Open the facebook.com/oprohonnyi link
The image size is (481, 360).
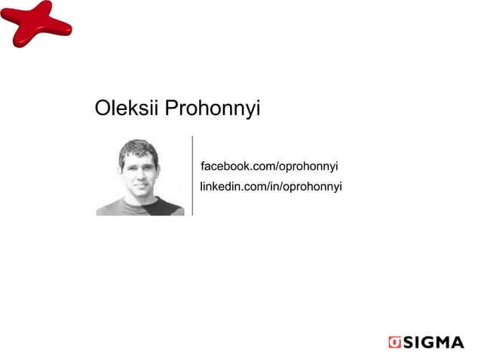268,166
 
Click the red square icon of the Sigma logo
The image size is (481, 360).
394,342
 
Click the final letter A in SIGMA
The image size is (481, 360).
456,343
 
